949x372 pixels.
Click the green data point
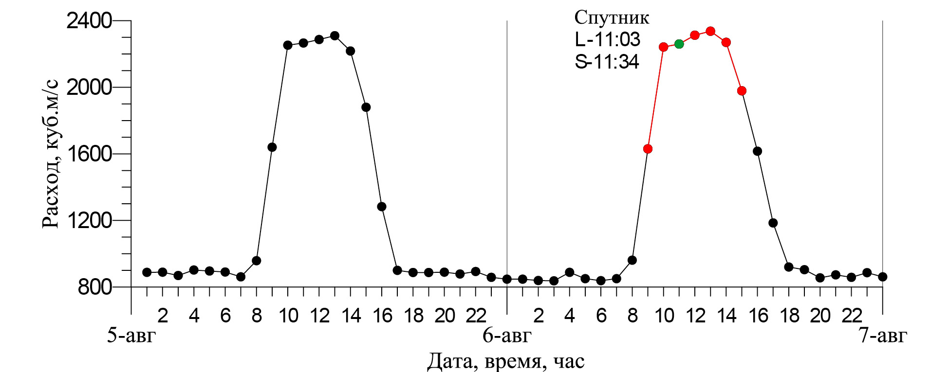(679, 44)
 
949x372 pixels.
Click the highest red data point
(710, 31)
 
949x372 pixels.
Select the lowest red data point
(648, 149)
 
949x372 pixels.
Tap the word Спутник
(612, 18)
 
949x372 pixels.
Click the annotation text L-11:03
(607, 39)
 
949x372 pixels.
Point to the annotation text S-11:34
(607, 62)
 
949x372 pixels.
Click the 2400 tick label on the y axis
(89, 21)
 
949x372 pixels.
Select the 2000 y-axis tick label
(89, 88)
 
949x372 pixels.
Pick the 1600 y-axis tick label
(89, 154)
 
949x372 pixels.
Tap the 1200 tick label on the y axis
(89, 221)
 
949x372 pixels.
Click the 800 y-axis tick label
(95, 287)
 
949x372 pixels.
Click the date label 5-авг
(131, 336)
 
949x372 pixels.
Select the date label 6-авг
(507, 336)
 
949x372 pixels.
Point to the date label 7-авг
(883, 336)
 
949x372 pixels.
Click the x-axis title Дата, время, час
(506, 361)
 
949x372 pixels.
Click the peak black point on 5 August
(335, 35)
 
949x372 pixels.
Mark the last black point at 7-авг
(883, 277)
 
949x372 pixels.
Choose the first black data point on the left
(147, 272)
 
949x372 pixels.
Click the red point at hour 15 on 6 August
(742, 91)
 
